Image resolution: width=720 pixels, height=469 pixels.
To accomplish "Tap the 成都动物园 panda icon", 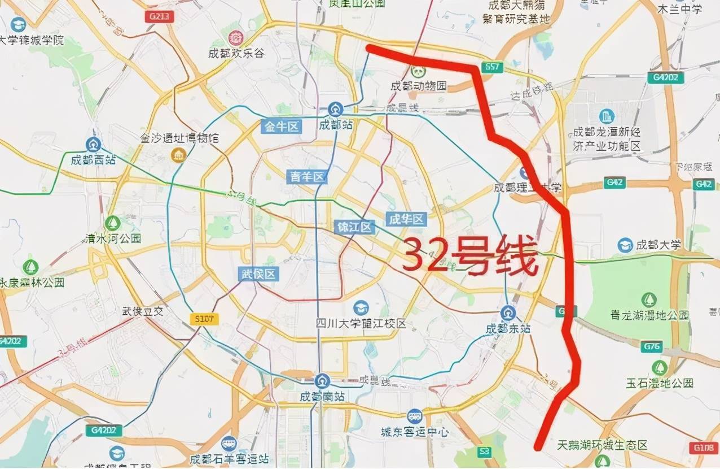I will (418, 71).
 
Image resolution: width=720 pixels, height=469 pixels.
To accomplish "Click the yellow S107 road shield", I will (204, 319).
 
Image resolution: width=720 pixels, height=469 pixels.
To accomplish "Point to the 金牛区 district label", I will (282, 126).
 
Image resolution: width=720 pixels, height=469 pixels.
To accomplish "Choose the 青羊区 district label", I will (308, 177).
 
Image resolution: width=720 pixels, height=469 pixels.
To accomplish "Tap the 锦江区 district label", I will (354, 227).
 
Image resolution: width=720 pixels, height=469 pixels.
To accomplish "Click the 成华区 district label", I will (406, 219).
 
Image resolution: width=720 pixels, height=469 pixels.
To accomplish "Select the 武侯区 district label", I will (258, 275).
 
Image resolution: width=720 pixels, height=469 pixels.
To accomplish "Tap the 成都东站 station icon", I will (508, 312).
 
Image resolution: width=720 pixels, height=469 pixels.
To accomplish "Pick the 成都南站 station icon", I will (323, 381).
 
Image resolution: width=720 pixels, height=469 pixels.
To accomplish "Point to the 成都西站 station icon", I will (93, 145).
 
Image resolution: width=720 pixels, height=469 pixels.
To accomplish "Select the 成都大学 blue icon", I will (625, 245).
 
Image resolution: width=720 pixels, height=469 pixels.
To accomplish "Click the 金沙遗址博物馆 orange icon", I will (179, 154).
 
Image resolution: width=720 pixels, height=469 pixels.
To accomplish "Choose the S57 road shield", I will (491, 67).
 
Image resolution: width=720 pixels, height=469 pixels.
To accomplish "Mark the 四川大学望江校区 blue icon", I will (361, 308).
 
